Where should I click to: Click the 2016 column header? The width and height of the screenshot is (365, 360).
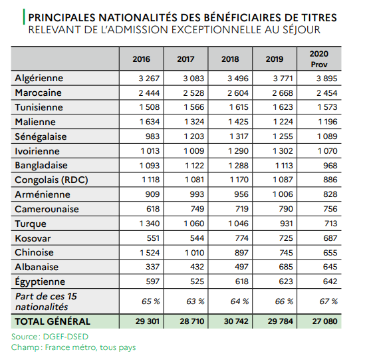click(x=142, y=59)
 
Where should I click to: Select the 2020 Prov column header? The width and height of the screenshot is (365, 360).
click(x=319, y=59)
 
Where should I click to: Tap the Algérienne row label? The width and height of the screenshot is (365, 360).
click(x=39, y=78)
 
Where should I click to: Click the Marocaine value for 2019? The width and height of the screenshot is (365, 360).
click(x=283, y=93)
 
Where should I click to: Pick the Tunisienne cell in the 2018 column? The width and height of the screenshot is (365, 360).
click(x=239, y=107)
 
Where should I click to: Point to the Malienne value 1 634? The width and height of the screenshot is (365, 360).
click(x=150, y=122)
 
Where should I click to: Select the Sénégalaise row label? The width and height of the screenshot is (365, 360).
click(x=41, y=136)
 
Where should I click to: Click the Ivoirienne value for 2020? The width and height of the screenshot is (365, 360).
click(x=327, y=151)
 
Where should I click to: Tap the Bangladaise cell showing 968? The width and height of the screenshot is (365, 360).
click(x=330, y=166)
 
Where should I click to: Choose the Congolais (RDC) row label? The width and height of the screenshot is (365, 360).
click(x=51, y=180)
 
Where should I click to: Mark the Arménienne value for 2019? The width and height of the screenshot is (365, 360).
click(x=283, y=194)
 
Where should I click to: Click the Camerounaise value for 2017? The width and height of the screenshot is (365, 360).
click(x=197, y=209)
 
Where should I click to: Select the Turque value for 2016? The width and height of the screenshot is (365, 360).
click(x=150, y=224)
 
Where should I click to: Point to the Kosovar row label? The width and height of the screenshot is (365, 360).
click(x=33, y=238)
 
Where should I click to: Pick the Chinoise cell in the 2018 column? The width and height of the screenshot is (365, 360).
click(x=241, y=253)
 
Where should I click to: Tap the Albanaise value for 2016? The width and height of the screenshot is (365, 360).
click(x=153, y=267)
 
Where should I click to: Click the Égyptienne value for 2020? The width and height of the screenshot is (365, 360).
click(x=330, y=281)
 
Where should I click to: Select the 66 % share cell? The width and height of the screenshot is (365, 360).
click(x=284, y=301)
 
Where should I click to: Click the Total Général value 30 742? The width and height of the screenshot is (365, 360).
click(x=236, y=321)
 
